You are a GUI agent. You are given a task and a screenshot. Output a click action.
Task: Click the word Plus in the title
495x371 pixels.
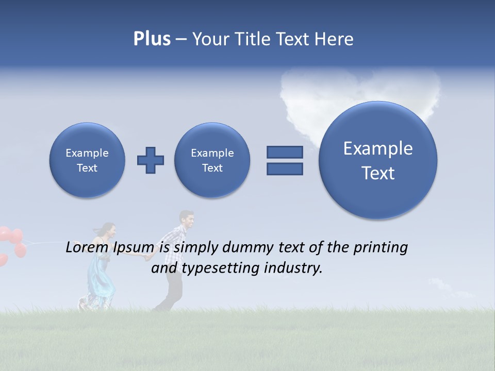(152, 39)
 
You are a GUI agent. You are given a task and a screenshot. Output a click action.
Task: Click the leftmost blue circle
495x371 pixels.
(87, 160)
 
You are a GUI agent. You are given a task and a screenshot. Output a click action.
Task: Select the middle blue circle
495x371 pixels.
(212, 160)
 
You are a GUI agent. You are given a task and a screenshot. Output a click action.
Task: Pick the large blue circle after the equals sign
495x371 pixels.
(378, 160)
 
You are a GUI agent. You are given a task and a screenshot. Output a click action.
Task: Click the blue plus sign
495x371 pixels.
(151, 160)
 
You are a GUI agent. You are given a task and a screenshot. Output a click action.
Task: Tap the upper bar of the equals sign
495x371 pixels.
(285, 152)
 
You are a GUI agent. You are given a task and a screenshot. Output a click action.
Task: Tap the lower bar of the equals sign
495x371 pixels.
(285, 168)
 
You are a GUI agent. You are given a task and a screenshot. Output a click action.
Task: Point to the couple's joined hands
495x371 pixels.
(147, 256)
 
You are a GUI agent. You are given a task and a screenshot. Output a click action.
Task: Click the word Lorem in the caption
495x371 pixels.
(87, 248)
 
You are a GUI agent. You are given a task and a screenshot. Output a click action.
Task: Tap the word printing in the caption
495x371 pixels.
(381, 248)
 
